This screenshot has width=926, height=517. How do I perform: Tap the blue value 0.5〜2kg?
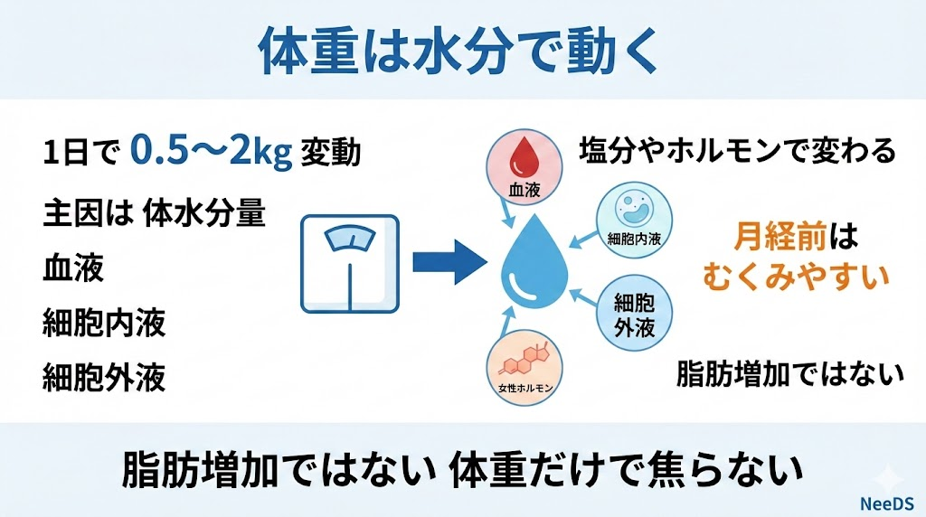coord(211,151)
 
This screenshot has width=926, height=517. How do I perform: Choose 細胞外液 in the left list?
coord(104,377)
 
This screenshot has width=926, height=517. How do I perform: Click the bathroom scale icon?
coord(352,264)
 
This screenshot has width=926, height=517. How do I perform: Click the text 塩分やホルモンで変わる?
coord(737,149)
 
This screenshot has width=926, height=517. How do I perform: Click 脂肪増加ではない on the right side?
coord(790,373)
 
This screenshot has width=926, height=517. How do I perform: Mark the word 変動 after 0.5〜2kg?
coord(333,152)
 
